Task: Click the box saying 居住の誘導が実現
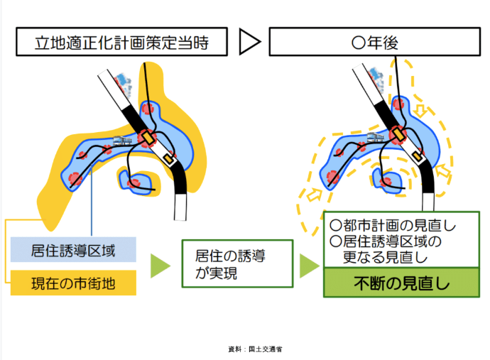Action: [236, 263]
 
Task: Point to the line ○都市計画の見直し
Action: [392, 226]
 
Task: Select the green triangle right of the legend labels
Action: [160, 266]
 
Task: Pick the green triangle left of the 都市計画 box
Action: [308, 266]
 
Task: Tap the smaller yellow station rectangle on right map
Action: [418, 154]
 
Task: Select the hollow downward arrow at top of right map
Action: [419, 110]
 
